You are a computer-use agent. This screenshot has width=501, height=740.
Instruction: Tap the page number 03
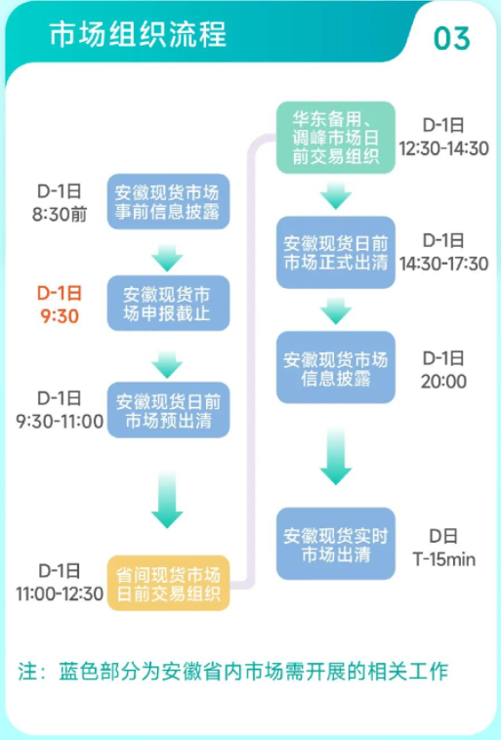451,38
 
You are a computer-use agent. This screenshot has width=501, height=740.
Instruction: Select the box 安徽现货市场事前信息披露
168,201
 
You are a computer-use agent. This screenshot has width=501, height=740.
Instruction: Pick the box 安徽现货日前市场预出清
168,412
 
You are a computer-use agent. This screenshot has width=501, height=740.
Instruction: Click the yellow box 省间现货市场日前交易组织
168,583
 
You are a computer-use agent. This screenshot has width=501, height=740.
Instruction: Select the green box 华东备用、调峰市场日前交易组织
335,138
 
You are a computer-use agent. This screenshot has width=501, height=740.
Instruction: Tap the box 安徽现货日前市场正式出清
335,252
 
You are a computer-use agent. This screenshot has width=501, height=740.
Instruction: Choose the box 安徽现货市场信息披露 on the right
335,368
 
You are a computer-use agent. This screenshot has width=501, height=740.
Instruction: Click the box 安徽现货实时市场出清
335,544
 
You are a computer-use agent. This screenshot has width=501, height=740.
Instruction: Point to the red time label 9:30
60,316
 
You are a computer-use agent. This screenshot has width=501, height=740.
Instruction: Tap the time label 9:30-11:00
60,421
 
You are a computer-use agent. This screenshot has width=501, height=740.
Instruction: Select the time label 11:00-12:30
60,594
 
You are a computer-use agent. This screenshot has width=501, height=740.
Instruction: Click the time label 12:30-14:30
443,148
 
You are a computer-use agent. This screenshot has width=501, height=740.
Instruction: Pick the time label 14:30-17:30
443,264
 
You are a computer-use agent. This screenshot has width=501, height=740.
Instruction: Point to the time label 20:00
443,381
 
